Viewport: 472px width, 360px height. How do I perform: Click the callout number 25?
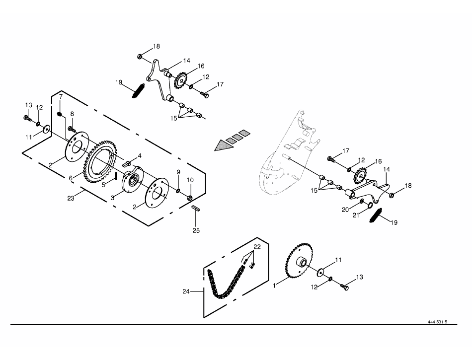(196, 231)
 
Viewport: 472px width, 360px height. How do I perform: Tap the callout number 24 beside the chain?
(186, 291)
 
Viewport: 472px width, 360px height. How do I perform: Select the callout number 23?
(71, 199)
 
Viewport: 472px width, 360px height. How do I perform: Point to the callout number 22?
(257, 247)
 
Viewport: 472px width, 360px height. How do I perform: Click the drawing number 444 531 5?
(437, 322)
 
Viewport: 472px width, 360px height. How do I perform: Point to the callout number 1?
(274, 286)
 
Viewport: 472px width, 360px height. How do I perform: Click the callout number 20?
(345, 210)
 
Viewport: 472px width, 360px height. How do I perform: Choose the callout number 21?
(356, 216)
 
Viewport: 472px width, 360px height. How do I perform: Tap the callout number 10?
(190, 180)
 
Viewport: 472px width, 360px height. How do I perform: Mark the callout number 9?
(178, 172)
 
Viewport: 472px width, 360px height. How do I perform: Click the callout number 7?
(61, 96)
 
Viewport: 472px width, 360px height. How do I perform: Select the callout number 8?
(72, 114)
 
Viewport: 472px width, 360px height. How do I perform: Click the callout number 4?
(140, 156)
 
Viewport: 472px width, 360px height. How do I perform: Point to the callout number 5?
(103, 185)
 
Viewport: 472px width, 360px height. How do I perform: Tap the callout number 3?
(112, 198)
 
